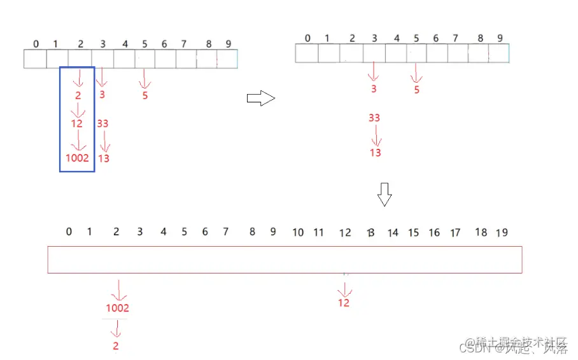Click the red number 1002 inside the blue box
[x=77, y=158]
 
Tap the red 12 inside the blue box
[x=77, y=123]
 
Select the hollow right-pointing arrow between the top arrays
[x=260, y=98]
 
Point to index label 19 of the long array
[x=502, y=233]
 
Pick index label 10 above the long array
[x=298, y=233]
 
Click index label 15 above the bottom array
[x=414, y=233]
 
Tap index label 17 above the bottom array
[x=455, y=233]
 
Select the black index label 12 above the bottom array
[x=345, y=233]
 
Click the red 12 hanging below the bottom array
[x=344, y=303]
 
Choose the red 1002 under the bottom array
[x=117, y=308]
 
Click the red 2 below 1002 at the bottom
[x=116, y=347]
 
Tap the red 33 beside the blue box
[x=102, y=123]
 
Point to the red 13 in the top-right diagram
[x=376, y=153]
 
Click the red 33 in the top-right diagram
[x=374, y=118]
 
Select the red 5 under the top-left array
[x=145, y=96]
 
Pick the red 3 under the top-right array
[x=374, y=89]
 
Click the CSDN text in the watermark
[x=474, y=349]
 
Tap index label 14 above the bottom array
[x=393, y=233]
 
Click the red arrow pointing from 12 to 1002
[x=78, y=141]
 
